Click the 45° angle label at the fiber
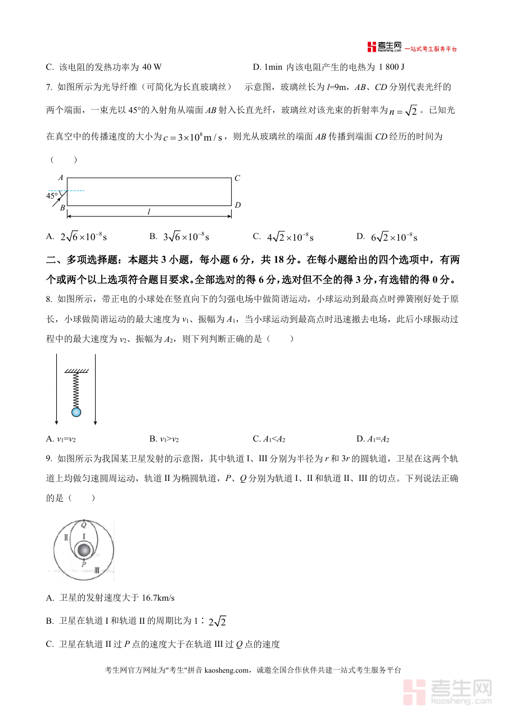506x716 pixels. [x=52, y=196]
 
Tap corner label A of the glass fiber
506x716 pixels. [x=60, y=177]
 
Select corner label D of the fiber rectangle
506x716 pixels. [x=237, y=205]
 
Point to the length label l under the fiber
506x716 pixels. [x=149, y=212]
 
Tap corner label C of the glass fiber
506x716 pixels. [x=237, y=178]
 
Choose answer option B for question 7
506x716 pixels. [x=180, y=237]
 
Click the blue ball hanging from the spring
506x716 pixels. [x=76, y=412]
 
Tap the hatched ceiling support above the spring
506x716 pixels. [x=76, y=371]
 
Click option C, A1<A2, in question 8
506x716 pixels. [x=273, y=439]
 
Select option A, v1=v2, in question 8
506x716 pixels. [x=65, y=439]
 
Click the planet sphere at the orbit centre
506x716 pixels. [x=84, y=550]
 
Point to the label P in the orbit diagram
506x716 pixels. [x=84, y=564]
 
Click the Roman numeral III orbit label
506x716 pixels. [x=97, y=570]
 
